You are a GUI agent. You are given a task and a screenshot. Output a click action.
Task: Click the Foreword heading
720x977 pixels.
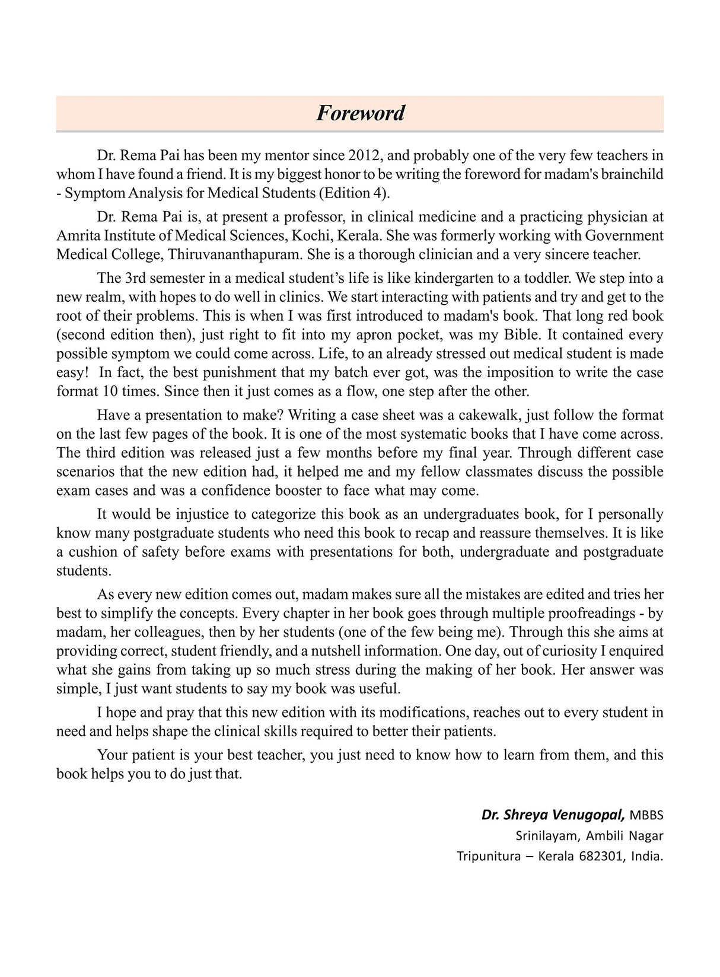click(x=360, y=113)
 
